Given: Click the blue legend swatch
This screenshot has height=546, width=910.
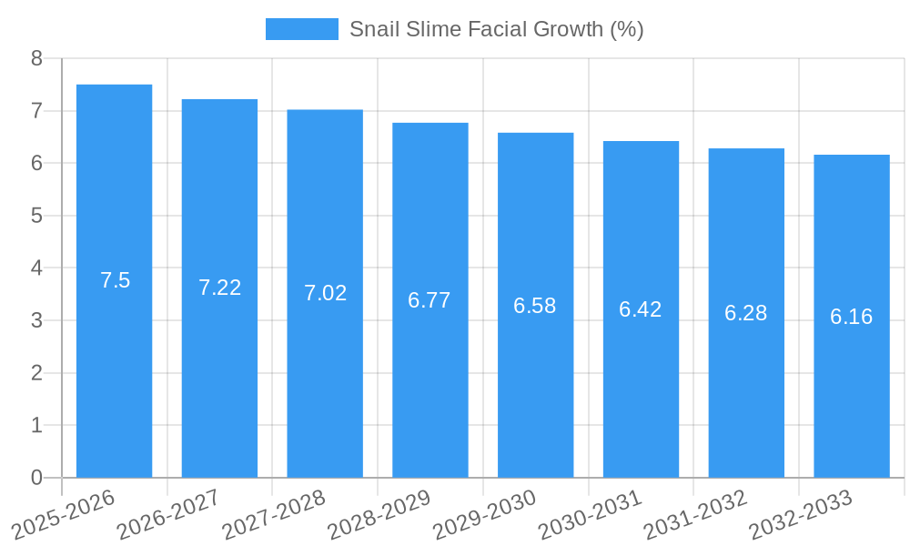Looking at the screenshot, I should [301, 29].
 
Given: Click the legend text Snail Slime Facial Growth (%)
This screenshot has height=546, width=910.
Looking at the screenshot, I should [496, 29].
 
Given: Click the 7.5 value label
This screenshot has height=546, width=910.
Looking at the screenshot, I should [116, 280].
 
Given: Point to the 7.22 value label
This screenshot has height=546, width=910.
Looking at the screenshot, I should [220, 288].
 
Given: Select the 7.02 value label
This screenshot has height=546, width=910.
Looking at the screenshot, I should [326, 293].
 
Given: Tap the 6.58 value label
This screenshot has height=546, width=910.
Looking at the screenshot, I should [535, 306].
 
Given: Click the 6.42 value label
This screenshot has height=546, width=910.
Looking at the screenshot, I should [641, 309].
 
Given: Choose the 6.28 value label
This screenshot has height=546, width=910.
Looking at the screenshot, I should [746, 313].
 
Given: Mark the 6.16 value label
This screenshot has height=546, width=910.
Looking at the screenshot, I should [852, 317].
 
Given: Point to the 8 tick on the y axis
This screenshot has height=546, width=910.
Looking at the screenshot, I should [36, 59].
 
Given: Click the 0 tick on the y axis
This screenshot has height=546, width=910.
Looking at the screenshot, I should [36, 478].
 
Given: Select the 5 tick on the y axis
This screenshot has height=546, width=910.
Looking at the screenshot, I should [36, 217].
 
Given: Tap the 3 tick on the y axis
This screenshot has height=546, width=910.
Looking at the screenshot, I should [36, 321].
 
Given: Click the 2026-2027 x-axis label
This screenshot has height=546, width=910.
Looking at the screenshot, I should [168, 514].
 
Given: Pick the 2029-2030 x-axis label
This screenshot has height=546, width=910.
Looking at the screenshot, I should [484, 514].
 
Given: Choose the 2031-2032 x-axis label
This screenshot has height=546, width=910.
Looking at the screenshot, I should [695, 514].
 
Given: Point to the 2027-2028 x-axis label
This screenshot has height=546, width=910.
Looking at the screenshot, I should [274, 514].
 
